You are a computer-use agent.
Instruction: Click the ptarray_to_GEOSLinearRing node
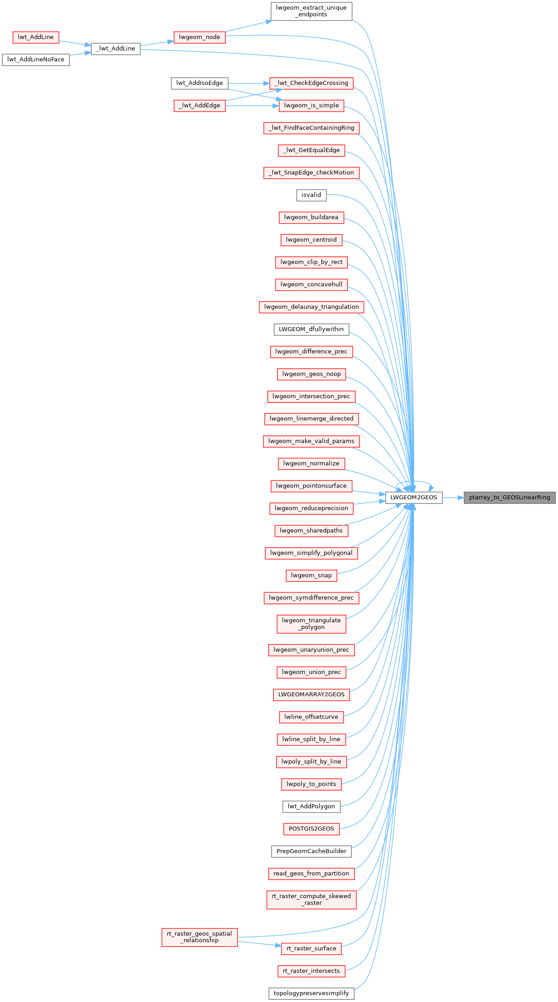(x=509, y=498)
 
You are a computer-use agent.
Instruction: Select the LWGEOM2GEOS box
(x=414, y=498)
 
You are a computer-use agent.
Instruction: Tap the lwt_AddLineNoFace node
(x=36, y=59)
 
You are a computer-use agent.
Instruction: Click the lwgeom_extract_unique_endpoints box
(x=311, y=11)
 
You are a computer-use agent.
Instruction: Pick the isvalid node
(x=311, y=195)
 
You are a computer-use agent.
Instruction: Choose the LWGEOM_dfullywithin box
(x=311, y=329)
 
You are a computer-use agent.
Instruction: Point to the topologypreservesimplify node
(x=311, y=993)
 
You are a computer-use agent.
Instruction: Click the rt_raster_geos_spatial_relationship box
(x=199, y=937)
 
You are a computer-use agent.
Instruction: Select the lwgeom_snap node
(x=311, y=576)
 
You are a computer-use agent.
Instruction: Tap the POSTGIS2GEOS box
(x=311, y=829)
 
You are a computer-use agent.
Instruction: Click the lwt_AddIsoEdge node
(x=199, y=83)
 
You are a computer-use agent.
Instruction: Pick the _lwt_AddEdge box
(x=199, y=106)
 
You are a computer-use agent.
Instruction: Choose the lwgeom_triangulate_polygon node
(x=311, y=624)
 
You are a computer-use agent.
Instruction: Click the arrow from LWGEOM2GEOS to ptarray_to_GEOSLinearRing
(x=453, y=498)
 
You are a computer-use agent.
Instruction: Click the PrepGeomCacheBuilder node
(x=311, y=851)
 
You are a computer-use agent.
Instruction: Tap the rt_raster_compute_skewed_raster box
(x=311, y=899)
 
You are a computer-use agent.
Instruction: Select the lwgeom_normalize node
(x=311, y=464)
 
